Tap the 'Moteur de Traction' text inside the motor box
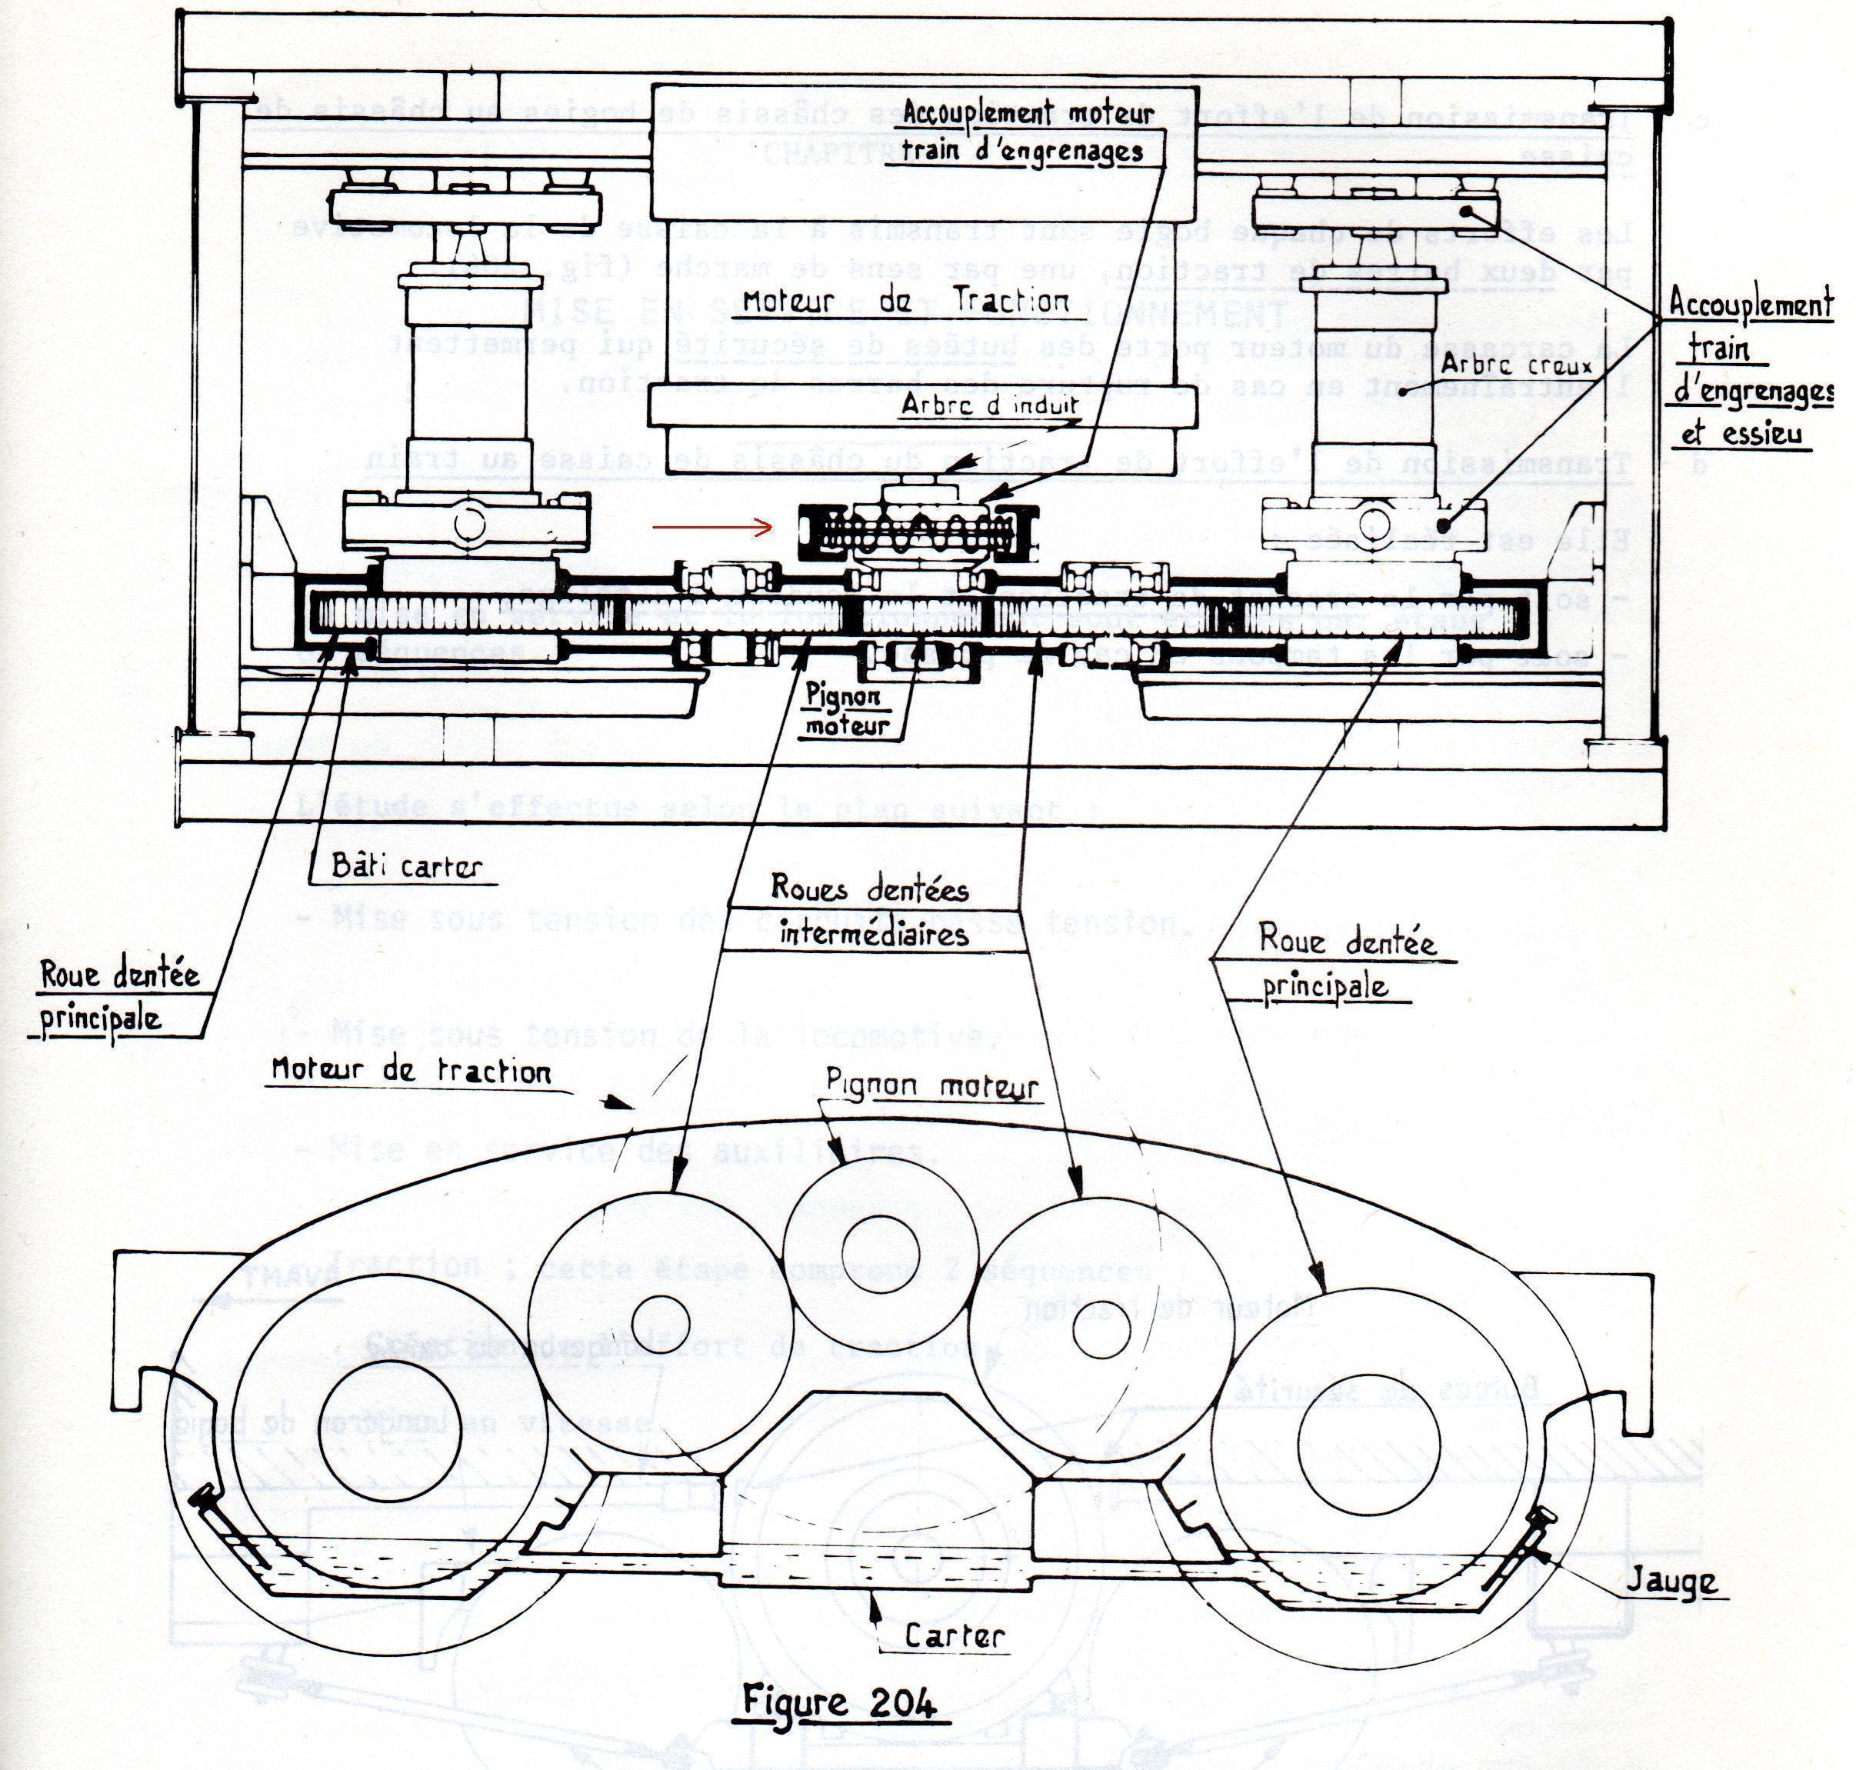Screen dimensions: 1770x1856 pos(906,301)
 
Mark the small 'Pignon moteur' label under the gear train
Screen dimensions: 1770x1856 pos(846,712)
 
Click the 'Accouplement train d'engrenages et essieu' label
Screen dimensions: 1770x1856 pos(1751,368)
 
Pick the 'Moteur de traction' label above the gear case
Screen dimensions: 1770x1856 pos(411,1071)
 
